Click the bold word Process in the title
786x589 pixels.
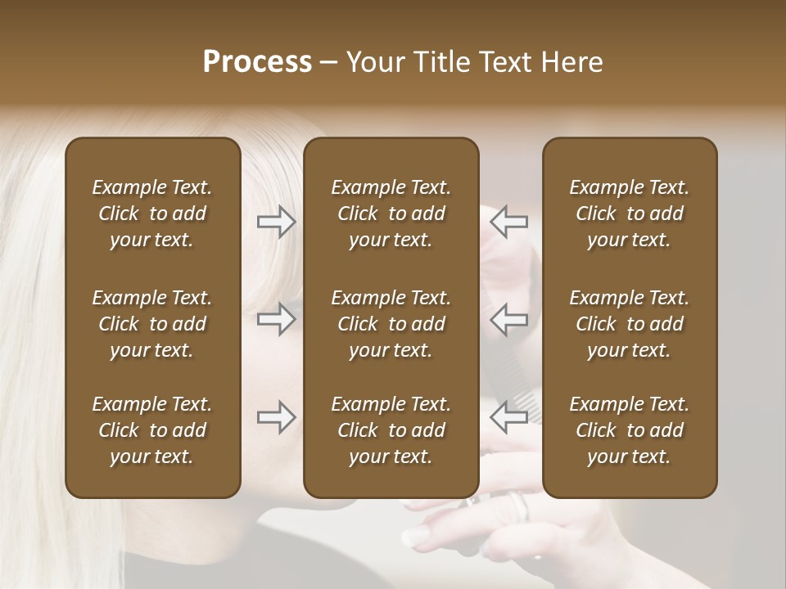(257, 62)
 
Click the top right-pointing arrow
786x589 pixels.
(277, 222)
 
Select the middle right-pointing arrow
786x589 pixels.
(277, 319)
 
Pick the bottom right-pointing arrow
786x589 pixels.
(277, 417)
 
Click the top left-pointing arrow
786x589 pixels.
(508, 222)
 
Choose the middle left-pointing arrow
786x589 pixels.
(508, 319)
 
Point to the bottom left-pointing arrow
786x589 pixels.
(508, 417)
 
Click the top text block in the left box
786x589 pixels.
(152, 214)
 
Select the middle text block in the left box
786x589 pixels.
(152, 324)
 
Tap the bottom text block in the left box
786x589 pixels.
(152, 430)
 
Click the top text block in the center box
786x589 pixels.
(391, 214)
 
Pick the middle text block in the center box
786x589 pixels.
(391, 324)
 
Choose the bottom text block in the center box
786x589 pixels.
(391, 430)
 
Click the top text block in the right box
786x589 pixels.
(629, 214)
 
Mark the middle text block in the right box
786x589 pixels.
(629, 324)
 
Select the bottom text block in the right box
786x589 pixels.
(629, 430)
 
